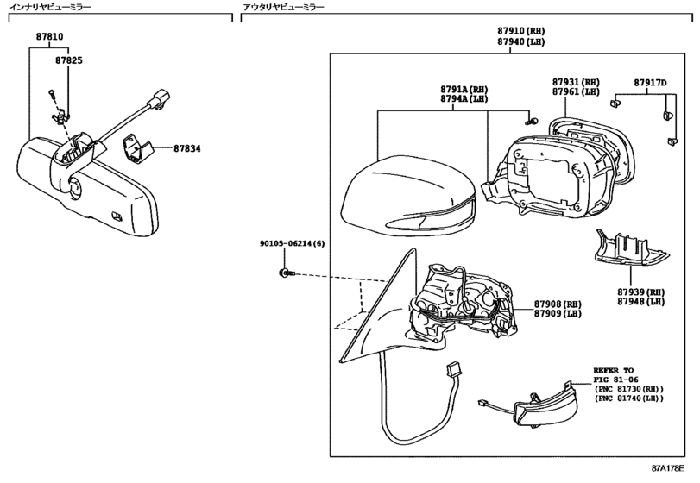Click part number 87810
click(x=49, y=36)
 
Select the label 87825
click(x=69, y=60)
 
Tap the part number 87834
click(x=187, y=148)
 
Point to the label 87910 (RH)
click(x=521, y=31)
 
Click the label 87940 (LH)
click(x=521, y=42)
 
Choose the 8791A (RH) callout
click(x=464, y=89)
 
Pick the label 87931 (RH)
click(x=576, y=82)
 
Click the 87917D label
click(x=651, y=83)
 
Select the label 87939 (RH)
click(x=641, y=292)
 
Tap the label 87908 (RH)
click(x=558, y=304)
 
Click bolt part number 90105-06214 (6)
click(x=293, y=243)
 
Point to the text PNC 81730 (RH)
click(x=628, y=389)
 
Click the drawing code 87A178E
click(x=667, y=468)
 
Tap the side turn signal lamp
click(x=545, y=408)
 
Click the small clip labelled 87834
click(x=136, y=148)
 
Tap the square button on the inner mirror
click(x=117, y=216)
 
